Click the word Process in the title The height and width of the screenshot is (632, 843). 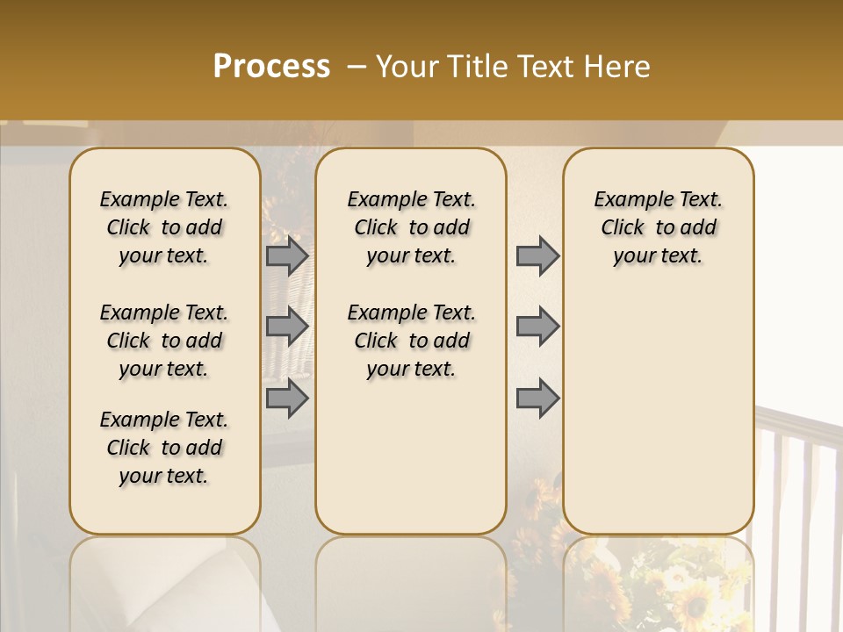click(x=271, y=67)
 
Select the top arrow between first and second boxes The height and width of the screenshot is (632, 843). click(x=287, y=256)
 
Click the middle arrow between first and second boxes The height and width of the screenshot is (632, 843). click(x=287, y=327)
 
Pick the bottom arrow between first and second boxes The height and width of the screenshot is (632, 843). click(x=287, y=398)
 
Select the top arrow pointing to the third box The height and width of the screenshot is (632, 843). click(x=537, y=256)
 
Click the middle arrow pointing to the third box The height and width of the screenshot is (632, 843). click(x=537, y=327)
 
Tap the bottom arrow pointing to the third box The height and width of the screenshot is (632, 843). click(x=537, y=398)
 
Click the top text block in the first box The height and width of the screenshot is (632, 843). click(x=164, y=227)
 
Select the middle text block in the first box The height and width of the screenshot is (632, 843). click(x=164, y=341)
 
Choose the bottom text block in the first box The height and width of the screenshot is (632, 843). click(x=164, y=448)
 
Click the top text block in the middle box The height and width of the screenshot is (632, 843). click(x=412, y=227)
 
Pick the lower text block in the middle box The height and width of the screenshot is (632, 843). click(x=412, y=341)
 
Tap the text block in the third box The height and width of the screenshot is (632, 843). click(x=659, y=227)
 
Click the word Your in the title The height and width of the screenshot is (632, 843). click(x=406, y=67)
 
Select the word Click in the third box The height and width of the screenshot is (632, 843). click(x=623, y=227)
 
